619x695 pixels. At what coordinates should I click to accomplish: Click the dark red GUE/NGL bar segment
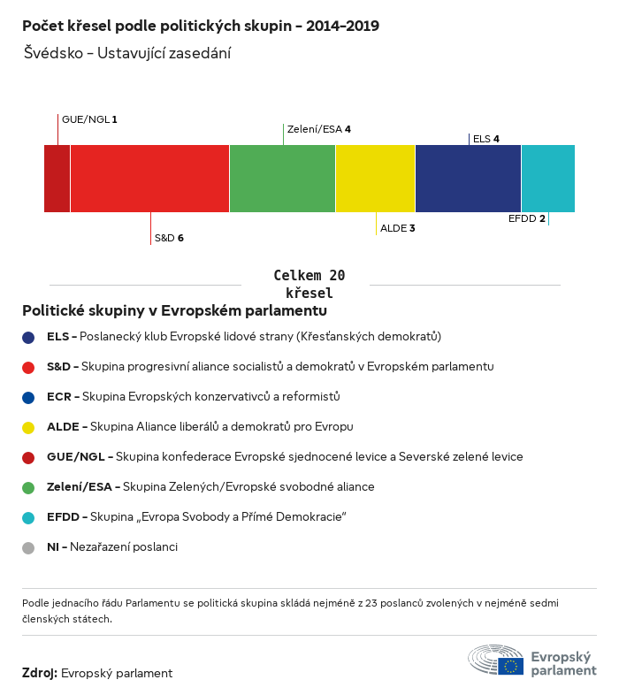57,179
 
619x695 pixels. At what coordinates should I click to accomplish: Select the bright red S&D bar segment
149,179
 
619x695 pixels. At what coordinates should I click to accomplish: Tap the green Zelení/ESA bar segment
282,179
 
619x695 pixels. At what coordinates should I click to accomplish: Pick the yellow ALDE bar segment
375,179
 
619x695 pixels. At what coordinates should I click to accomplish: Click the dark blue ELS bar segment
468,179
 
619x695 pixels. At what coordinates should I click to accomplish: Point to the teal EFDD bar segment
547,179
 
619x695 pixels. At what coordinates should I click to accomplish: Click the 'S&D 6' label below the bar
169,238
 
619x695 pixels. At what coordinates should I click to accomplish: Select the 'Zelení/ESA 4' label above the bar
319,129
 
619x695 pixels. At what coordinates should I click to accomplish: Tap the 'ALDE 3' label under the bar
398,228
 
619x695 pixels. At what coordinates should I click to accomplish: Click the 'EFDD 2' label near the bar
527,218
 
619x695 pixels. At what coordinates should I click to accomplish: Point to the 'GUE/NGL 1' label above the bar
89,118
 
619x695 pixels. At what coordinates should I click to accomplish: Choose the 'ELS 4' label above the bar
486,139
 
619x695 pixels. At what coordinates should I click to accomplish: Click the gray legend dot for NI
28,547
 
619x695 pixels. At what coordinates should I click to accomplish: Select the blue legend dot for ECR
28,397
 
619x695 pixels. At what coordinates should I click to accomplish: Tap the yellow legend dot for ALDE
28,427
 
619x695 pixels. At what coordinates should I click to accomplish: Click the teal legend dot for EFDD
28,517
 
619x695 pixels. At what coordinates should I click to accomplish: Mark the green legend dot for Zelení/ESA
28,487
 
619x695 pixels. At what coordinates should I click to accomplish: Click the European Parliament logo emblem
496,661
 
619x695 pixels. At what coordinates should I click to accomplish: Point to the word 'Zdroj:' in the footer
40,673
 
